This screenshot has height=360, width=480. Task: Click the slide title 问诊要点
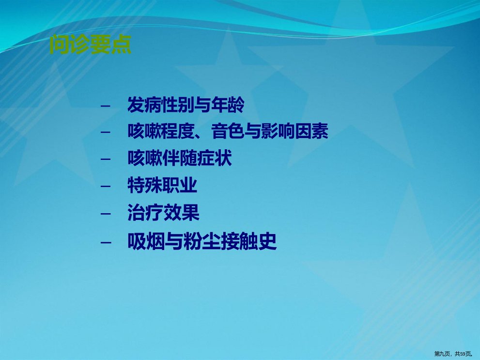[x=91, y=45]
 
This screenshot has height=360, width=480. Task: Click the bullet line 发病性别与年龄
[x=186, y=105]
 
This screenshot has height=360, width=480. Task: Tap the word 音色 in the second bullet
[x=228, y=131]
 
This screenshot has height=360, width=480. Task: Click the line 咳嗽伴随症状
[x=180, y=158]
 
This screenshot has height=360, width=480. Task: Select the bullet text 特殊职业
[x=162, y=185]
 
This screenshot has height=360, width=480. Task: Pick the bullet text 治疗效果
[x=163, y=213]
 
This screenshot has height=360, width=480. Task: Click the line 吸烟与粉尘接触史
[x=202, y=241]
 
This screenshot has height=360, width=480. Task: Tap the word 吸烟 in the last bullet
[x=146, y=241]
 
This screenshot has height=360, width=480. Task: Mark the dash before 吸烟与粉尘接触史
[x=106, y=242]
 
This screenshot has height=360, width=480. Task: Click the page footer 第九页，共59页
[x=453, y=354]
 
